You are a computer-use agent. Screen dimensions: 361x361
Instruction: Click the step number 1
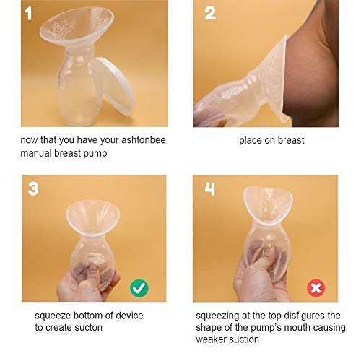tap(29, 14)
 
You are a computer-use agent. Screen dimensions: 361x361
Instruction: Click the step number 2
tap(210, 14)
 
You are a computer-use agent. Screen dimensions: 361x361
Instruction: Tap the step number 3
tap(33, 189)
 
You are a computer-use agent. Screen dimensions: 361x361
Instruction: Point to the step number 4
tap(209, 188)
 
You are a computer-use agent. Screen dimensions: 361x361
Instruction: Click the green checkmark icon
tap(139, 288)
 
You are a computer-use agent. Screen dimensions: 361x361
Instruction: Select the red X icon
tap(316, 288)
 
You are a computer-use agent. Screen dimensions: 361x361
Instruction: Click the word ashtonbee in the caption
tap(144, 140)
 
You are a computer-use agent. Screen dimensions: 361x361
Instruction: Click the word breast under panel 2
tap(290, 140)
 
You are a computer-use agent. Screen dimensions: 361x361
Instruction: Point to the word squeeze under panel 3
tap(53, 316)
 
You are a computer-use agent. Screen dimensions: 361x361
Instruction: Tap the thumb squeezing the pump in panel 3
tap(92, 277)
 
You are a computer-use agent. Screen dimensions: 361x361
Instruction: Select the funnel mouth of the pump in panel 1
tap(77, 27)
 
